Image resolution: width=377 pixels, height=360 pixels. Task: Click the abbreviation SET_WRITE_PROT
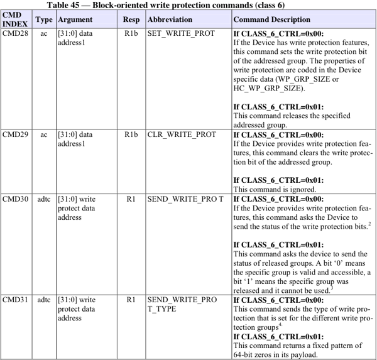coord(181,34)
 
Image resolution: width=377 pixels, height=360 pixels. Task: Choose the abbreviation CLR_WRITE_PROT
coord(181,134)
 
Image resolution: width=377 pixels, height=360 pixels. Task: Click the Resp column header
coord(131,20)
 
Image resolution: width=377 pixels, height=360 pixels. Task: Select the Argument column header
coord(75,20)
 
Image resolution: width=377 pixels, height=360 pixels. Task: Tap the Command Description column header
coord(272,20)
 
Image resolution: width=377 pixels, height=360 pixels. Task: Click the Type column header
coord(44,20)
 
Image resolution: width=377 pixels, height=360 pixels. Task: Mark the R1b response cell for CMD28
coord(131,34)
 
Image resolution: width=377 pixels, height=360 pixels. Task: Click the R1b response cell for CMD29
coord(131,134)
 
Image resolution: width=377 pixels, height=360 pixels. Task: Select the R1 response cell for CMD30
coord(131,199)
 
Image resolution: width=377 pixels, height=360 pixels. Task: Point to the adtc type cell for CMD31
coord(43,300)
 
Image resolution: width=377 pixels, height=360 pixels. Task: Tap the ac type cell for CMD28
coord(43,34)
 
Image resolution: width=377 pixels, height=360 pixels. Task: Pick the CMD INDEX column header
coord(15,20)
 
